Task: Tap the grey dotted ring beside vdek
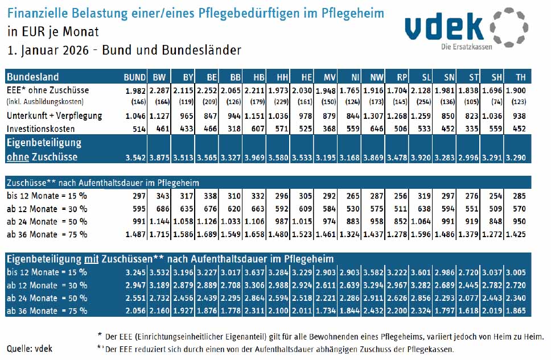[x=508, y=26]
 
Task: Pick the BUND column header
[x=135, y=77]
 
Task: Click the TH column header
[x=519, y=77]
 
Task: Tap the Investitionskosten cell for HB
[x=256, y=129]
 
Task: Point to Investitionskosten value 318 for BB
[x=233, y=129]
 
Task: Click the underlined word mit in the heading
[x=92, y=259]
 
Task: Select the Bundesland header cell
[x=33, y=77]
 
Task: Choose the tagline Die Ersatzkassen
[x=467, y=46]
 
